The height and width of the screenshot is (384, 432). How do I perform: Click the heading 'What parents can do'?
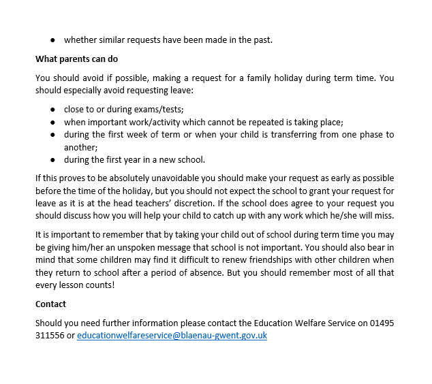click(76, 59)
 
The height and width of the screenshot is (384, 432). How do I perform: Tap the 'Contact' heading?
click(51, 304)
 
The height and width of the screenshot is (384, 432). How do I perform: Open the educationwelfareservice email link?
click(172, 336)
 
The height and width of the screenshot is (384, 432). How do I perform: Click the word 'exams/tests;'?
click(160, 109)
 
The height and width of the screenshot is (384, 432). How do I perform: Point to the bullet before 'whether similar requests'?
click(52, 39)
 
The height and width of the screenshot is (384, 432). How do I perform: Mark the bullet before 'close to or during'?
click(52, 109)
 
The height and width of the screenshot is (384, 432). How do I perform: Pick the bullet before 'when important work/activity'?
click(52, 122)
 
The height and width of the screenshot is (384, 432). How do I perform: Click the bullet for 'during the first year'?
click(52, 160)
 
